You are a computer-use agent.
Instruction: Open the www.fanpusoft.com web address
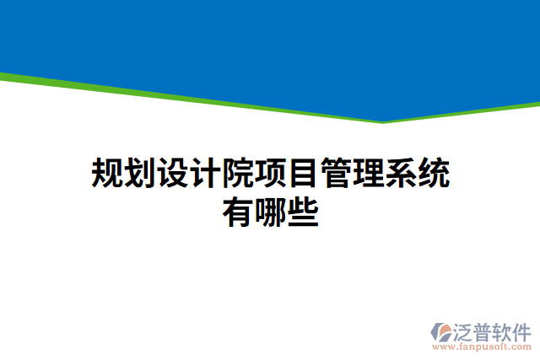coord(482,347)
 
